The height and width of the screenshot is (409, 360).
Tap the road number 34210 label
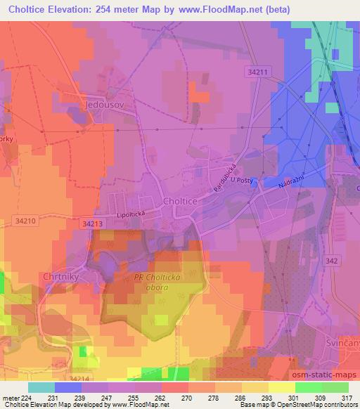pyautogui.click(x=25, y=221)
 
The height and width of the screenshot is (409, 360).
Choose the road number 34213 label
pyautogui.click(x=92, y=224)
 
